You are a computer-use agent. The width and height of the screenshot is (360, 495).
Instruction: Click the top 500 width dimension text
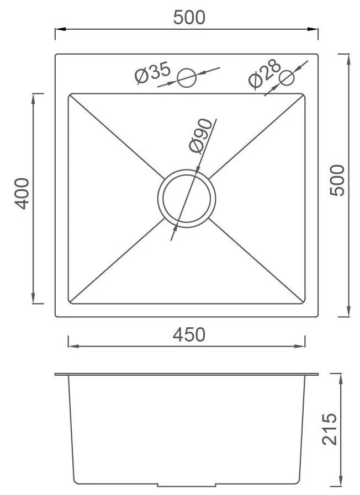[x=189, y=18]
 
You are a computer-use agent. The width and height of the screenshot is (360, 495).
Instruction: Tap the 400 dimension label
[x=22, y=193]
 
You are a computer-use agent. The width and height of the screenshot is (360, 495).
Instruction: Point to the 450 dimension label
[x=189, y=334]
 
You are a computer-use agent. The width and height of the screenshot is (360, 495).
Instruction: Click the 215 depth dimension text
[x=329, y=429]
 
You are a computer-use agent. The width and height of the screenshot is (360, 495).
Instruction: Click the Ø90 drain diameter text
[x=200, y=135]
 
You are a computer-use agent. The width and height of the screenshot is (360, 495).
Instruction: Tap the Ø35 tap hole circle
[x=187, y=77]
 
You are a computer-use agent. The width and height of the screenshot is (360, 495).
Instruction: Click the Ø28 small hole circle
[x=287, y=77]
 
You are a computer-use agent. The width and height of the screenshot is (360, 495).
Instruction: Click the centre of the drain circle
[x=186, y=199]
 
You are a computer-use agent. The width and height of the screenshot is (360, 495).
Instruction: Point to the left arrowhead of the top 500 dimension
[x=58, y=29]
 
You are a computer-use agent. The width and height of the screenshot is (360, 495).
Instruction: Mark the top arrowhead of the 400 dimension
[x=35, y=97]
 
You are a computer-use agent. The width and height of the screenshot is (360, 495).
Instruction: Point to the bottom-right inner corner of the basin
[x=304, y=302]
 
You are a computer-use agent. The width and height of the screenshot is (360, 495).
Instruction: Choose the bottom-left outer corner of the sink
[x=56, y=316]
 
